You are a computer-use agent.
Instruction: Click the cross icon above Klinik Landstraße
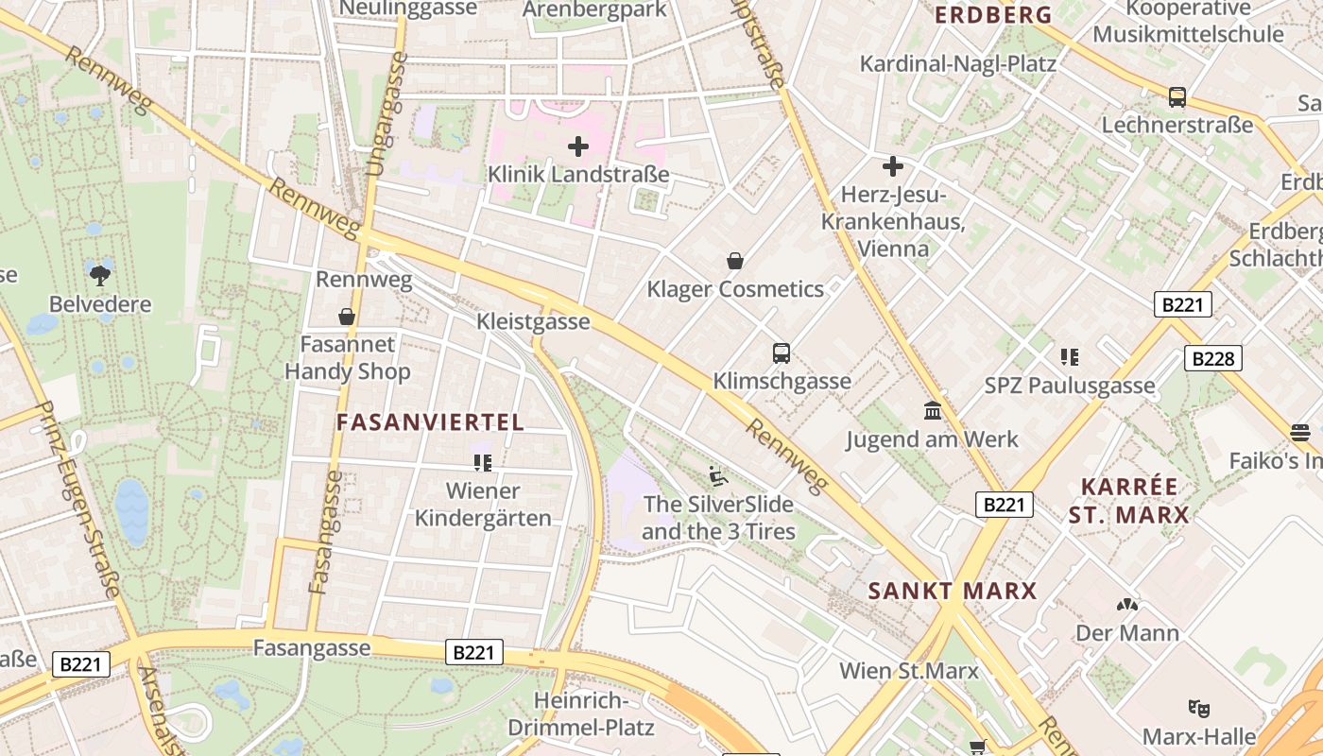pos(577,146)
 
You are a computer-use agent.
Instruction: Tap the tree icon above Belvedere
pos(100,275)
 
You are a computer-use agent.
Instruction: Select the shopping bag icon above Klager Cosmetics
pos(734,261)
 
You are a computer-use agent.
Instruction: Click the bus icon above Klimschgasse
pos(782,353)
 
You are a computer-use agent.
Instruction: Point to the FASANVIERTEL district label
pos(430,422)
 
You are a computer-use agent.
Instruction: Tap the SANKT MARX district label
pos(953,592)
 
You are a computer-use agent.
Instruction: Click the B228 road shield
pos(1212,358)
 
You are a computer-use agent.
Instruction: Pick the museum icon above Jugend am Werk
pos(933,411)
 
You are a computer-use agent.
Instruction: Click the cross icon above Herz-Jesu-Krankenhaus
pos(892,167)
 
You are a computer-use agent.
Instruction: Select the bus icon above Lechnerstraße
pos(1177,96)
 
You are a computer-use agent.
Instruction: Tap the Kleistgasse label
pos(533,321)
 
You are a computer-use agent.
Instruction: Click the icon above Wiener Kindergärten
pos(483,462)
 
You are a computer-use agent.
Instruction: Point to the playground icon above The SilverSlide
pos(718,475)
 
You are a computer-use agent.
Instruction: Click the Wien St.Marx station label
pos(908,671)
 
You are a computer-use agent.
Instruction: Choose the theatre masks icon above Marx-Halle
pos(1199,708)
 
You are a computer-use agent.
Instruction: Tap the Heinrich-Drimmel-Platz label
pos(580,714)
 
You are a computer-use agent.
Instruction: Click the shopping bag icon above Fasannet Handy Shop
pos(347,317)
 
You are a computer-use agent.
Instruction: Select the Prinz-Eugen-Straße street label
pos(80,501)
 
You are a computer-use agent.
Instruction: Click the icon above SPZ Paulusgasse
pos(1070,357)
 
